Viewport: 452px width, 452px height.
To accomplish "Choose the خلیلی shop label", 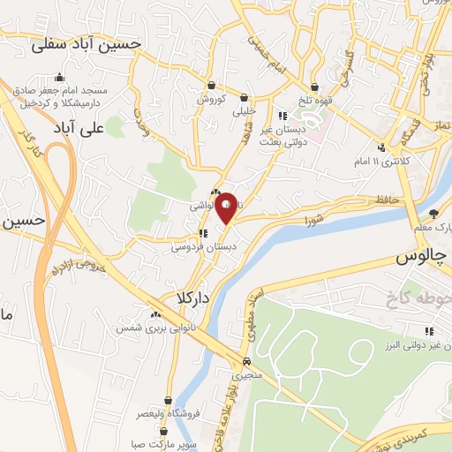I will (x=244, y=111).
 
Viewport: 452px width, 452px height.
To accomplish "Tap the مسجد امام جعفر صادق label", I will (x=61, y=92).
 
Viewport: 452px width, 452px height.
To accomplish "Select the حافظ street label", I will (x=386, y=201).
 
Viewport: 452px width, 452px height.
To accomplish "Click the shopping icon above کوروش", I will (x=212, y=85).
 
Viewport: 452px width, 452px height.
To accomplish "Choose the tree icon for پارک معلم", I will (x=433, y=213).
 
